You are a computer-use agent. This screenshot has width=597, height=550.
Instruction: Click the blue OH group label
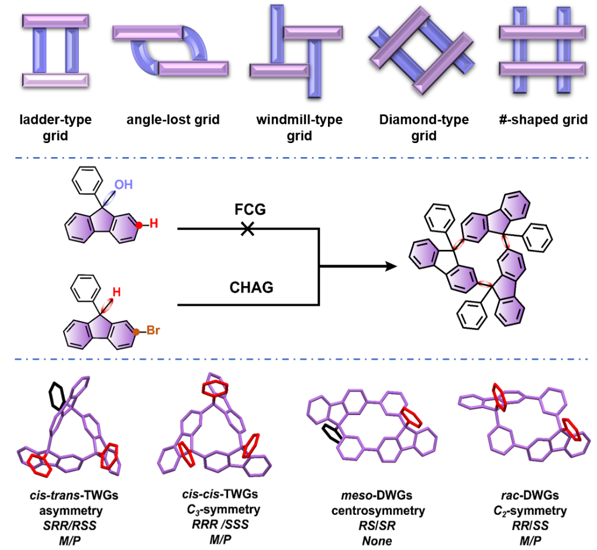click(x=123, y=185)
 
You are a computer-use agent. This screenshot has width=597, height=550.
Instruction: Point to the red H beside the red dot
click(x=154, y=224)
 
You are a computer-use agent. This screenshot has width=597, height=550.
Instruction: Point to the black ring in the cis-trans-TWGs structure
click(x=56, y=396)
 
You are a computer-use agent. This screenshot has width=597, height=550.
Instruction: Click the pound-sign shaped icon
click(x=542, y=50)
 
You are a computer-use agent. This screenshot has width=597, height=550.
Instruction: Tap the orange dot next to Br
click(x=136, y=332)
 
